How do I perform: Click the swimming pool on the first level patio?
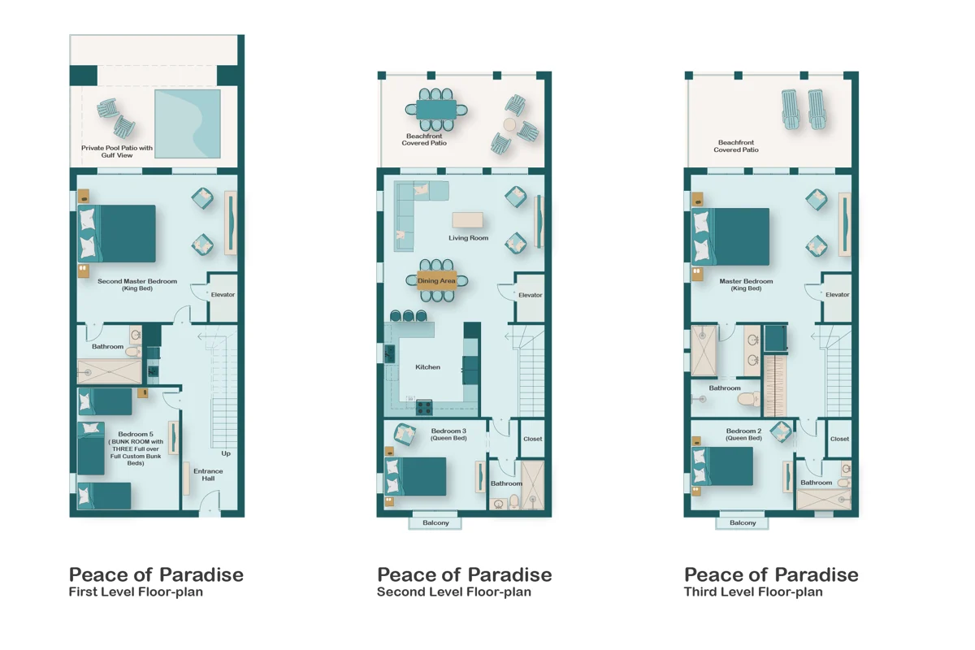tap(188, 124)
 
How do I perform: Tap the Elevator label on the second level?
tap(530, 295)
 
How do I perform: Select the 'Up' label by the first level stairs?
tap(226, 453)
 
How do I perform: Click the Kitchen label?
tap(427, 367)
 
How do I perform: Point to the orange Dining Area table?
tap(436, 281)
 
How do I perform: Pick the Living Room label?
tap(468, 238)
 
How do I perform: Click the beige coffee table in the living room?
tap(467, 220)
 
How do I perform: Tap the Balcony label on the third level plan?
tap(743, 522)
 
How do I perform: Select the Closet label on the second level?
tap(533, 439)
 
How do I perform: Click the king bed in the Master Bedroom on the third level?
tap(730, 236)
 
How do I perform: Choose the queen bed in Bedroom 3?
tap(415, 476)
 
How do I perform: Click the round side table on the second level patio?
tap(509, 125)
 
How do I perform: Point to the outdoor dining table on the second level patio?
tap(436, 110)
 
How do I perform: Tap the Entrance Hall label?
tap(208, 474)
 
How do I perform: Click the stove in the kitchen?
tap(424, 408)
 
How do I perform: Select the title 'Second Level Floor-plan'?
tap(454, 592)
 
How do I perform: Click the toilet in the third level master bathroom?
tap(749, 398)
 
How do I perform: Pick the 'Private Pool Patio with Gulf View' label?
tap(117, 151)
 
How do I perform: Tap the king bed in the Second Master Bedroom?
tap(117, 234)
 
